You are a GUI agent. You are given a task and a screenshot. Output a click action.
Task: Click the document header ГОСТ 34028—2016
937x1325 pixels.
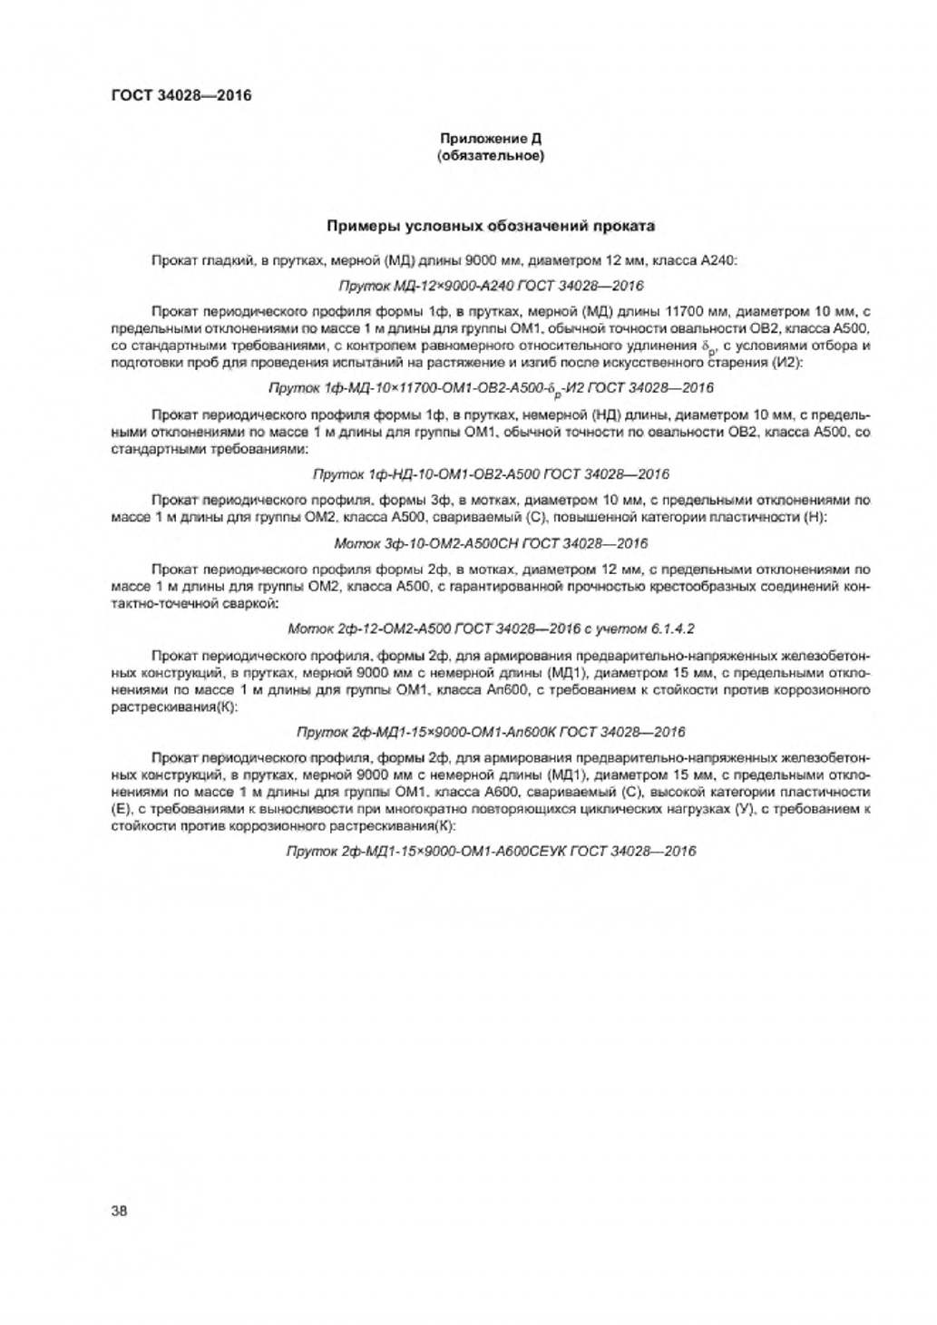170,94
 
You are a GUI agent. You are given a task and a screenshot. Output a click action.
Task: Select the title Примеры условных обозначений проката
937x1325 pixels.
490,226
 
